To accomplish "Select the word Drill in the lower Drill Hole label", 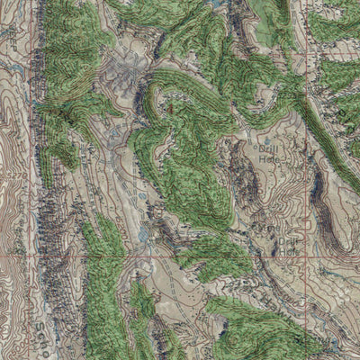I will [286, 242].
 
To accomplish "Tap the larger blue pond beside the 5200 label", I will [144, 234].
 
